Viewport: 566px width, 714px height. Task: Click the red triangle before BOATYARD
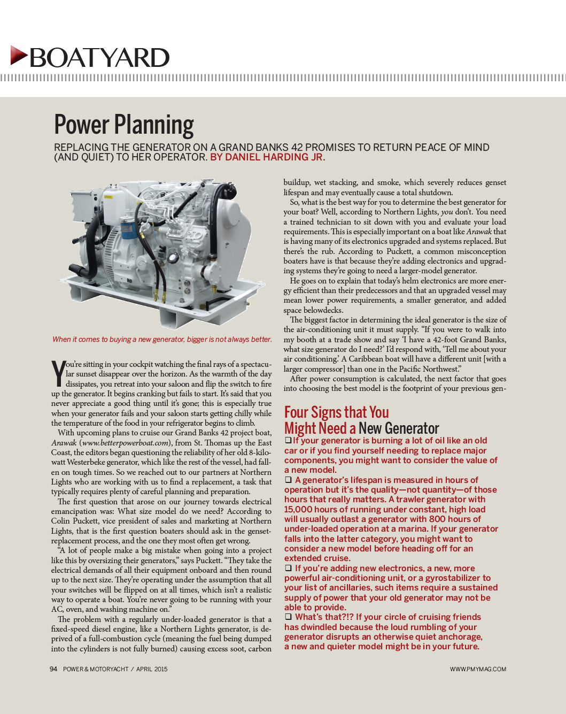click(19, 56)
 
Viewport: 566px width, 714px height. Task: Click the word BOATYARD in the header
click(99, 58)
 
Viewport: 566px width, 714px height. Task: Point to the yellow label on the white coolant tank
click(108, 197)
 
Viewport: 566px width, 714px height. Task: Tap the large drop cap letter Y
click(58, 373)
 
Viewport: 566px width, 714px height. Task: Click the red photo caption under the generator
click(162, 339)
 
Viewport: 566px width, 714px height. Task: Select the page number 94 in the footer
click(53, 669)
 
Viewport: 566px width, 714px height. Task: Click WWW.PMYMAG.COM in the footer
click(478, 669)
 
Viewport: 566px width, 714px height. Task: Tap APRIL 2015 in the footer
click(152, 669)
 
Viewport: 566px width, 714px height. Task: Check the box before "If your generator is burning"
click(288, 440)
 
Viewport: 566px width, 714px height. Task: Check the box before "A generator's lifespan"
click(288, 480)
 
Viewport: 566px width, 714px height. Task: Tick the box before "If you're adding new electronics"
click(288, 568)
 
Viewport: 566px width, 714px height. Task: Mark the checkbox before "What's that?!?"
click(288, 617)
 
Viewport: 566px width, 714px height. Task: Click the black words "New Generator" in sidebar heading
click(399, 428)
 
